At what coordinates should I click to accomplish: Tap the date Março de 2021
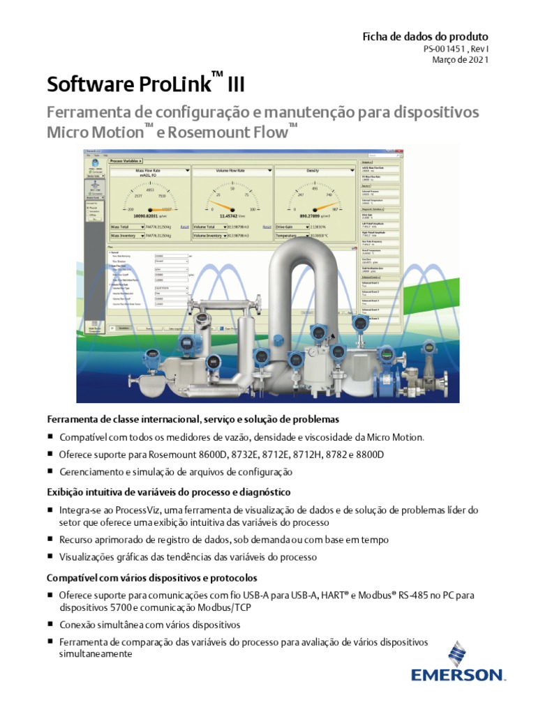coord(461,60)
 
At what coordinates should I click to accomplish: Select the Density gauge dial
coord(315,198)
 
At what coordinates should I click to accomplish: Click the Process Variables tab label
coord(126,161)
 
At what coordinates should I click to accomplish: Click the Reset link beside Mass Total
coord(184,227)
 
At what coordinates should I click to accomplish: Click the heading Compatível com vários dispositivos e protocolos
coord(152,579)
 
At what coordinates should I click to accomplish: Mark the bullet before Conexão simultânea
coord(50,625)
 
